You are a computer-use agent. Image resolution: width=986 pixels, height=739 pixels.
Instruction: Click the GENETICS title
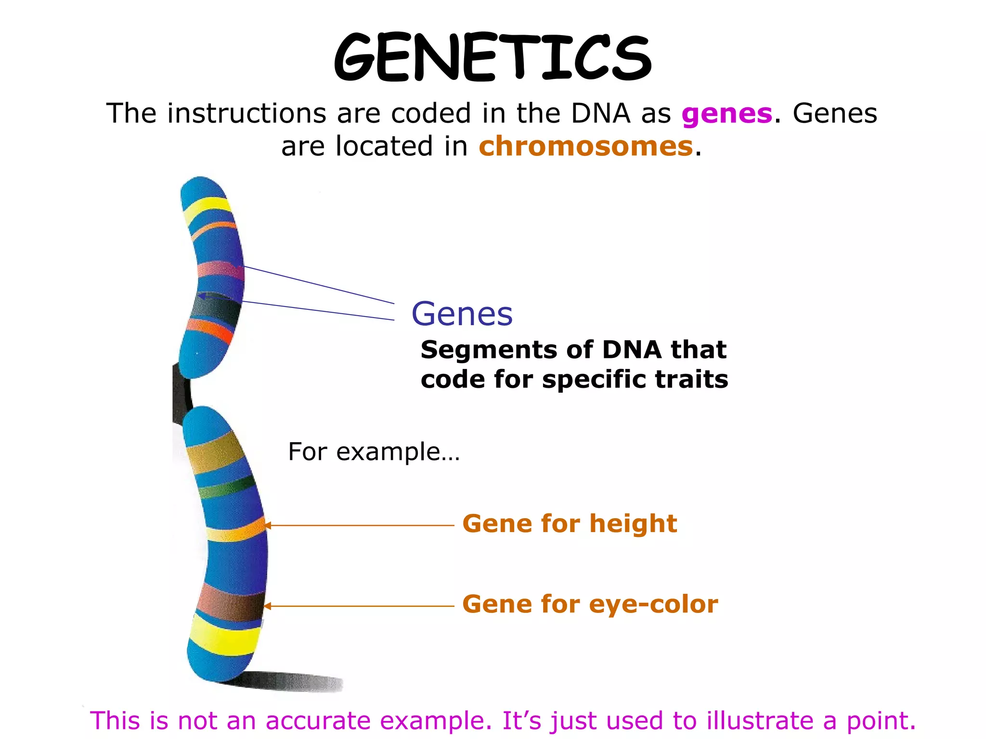pos(492,57)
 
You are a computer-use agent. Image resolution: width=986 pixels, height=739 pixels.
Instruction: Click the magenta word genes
pos(727,114)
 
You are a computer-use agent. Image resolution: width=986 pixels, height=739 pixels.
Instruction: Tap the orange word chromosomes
pos(585,146)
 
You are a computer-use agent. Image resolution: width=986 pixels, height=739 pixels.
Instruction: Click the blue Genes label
pos(462,314)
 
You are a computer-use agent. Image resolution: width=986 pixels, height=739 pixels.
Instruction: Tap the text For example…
pos(374,452)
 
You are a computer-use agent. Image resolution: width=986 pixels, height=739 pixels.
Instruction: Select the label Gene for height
pos(569,523)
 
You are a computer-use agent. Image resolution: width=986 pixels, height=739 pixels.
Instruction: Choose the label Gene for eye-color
pos(590,604)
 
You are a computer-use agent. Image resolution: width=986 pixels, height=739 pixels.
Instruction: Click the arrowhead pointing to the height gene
pos(267,525)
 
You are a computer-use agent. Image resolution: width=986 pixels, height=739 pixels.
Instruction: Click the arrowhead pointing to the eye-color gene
pos(267,606)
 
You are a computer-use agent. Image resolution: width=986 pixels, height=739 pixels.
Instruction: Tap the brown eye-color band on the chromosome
pos(230,603)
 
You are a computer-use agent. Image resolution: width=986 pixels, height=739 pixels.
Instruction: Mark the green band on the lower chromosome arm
pos(226,487)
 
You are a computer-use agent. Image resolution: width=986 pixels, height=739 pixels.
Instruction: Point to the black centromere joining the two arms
pos(182,390)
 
